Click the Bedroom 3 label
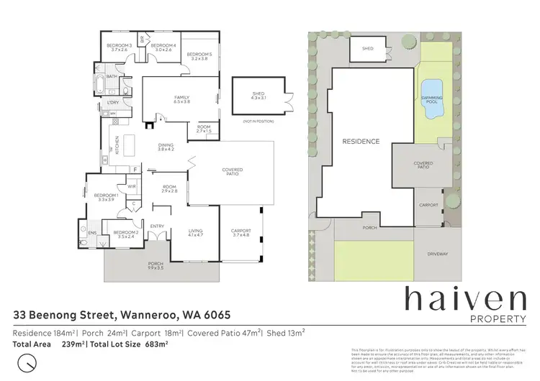point(120,47)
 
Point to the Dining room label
point(166,147)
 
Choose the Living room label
point(196,231)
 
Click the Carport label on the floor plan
point(240,231)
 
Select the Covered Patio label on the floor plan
point(232,172)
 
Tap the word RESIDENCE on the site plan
point(360,142)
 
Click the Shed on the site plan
point(367,49)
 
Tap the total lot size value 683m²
point(157,344)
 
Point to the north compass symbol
point(27,362)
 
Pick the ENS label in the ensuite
point(92,234)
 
